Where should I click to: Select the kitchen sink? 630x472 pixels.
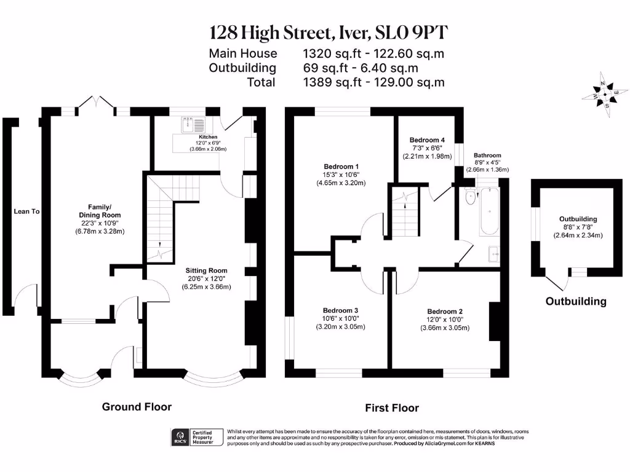point(192,125)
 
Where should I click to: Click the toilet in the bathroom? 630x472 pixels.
point(470,197)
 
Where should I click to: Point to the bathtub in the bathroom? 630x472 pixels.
point(489,212)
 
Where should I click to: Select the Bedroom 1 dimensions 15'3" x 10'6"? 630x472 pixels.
point(341,175)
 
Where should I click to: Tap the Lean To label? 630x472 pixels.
point(26,211)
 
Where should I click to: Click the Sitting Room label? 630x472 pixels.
point(207,270)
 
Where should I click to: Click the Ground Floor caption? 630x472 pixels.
point(137,407)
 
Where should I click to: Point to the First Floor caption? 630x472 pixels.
point(392,408)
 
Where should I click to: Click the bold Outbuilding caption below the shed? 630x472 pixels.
point(576,302)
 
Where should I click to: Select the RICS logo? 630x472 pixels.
point(180,437)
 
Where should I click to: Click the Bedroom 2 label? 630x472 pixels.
point(445,312)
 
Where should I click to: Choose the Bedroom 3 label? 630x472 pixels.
point(340,310)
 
